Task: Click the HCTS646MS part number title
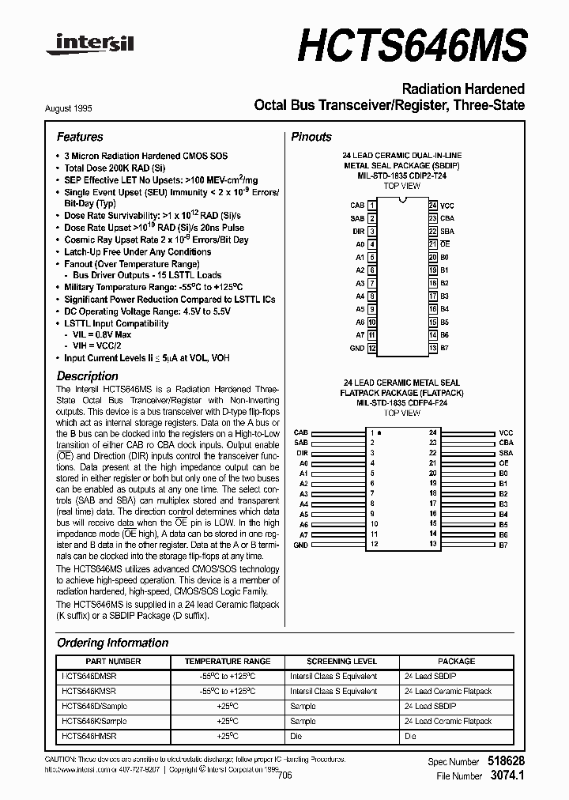411,45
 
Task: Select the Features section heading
80,137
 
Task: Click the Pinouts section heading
311,137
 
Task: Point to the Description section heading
87,376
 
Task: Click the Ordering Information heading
112,643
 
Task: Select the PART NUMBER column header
113,661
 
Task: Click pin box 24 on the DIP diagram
433,205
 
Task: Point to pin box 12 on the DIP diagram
372,348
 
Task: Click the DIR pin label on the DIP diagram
358,231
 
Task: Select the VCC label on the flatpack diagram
507,433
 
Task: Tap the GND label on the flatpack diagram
301,545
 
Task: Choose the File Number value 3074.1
507,776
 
